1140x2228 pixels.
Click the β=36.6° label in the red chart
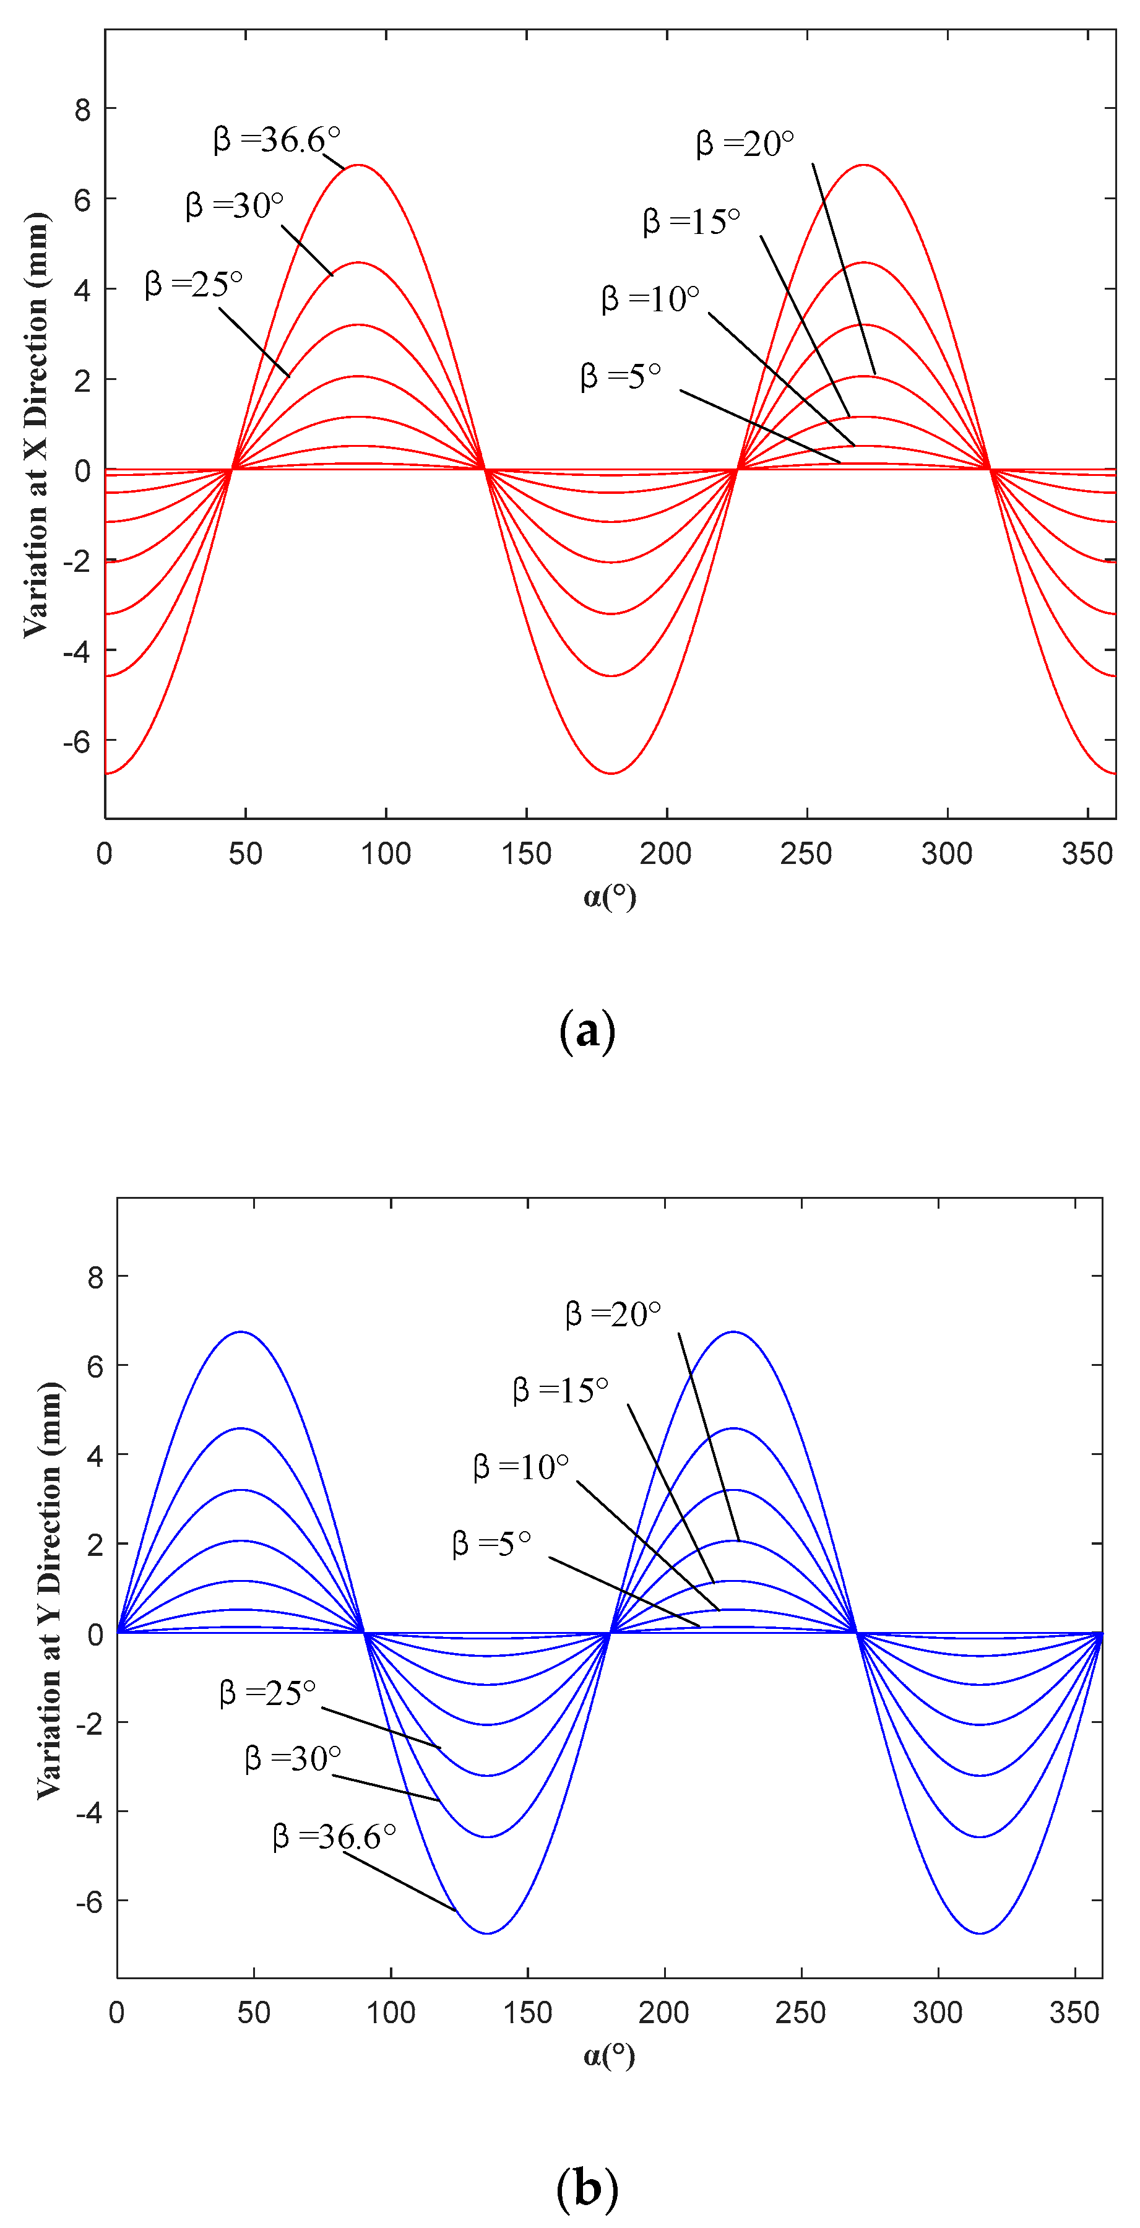tap(277, 139)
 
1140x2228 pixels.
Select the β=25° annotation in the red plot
tap(194, 283)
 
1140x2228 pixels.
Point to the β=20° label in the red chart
tap(745, 144)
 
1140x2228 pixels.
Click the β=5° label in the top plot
tap(620, 376)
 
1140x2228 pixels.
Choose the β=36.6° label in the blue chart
tap(334, 1836)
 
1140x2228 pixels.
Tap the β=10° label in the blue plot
tap(520, 1467)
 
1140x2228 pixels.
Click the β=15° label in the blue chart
tap(561, 1391)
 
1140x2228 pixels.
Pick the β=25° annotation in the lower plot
tap(267, 1693)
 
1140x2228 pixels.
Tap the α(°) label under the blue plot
tap(609, 2055)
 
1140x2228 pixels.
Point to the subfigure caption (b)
tap(587, 2188)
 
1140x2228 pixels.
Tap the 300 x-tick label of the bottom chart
tap(938, 2013)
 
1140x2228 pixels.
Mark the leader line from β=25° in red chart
tap(254, 342)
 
